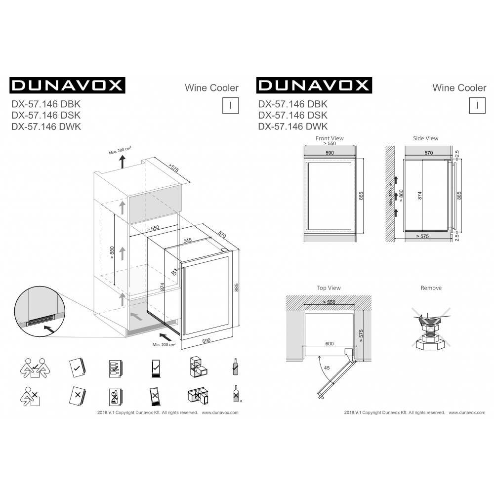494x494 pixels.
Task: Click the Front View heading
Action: pyautogui.click(x=329, y=138)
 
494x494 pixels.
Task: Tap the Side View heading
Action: pyautogui.click(x=426, y=138)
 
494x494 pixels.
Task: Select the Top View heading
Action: pyautogui.click(x=329, y=288)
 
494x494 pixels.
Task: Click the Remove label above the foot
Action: pyautogui.click(x=431, y=288)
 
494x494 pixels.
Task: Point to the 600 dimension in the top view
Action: pyautogui.click(x=329, y=344)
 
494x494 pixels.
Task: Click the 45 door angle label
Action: pyautogui.click(x=327, y=368)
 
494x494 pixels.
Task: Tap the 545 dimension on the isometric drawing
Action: pyautogui.click(x=187, y=241)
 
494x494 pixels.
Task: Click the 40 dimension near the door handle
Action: pyautogui.click(x=173, y=273)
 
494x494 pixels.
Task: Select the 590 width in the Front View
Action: pyautogui.click(x=329, y=153)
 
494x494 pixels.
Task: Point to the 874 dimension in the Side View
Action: pyautogui.click(x=419, y=196)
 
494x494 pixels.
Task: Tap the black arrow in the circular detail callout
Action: pyautogui.click(x=48, y=329)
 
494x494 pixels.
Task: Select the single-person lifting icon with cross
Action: pyautogui.click(x=30, y=396)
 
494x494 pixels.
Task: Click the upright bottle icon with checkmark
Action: pyautogui.click(x=235, y=367)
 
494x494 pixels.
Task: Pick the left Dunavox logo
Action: pyautogui.click(x=67, y=85)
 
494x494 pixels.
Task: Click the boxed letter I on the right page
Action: pyautogui.click(x=477, y=105)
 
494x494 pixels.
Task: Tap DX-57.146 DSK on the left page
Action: pyautogui.click(x=46, y=115)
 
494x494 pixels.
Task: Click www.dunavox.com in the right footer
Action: pyautogui.click(x=467, y=412)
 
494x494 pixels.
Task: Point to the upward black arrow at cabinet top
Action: pyautogui.click(x=122, y=162)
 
